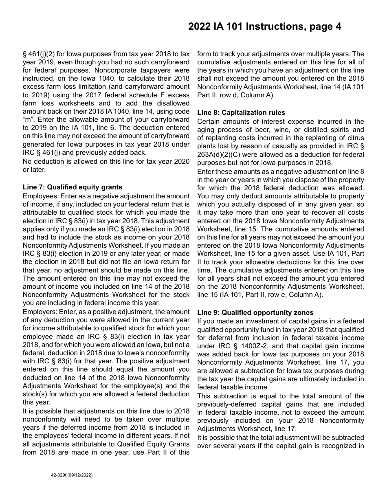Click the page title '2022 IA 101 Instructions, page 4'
(x=264, y=27)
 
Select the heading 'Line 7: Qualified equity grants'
(x=73, y=187)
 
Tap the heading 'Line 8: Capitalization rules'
(x=241, y=113)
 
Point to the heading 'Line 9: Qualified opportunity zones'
(x=255, y=312)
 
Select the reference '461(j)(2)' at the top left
(x=40, y=54)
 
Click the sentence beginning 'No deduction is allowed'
(x=106, y=161)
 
